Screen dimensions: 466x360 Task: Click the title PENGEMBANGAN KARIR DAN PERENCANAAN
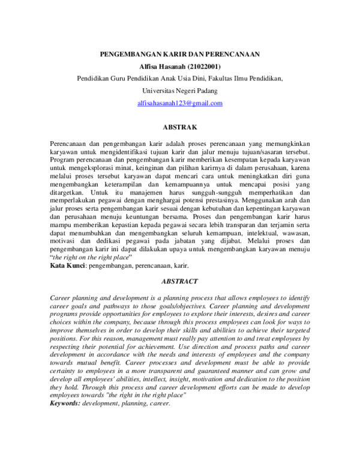tap(179, 53)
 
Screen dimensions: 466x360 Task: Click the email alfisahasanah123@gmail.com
tap(179, 103)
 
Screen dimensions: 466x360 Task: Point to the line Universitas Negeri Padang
tap(179, 91)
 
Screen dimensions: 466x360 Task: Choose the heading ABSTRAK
tap(179, 127)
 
